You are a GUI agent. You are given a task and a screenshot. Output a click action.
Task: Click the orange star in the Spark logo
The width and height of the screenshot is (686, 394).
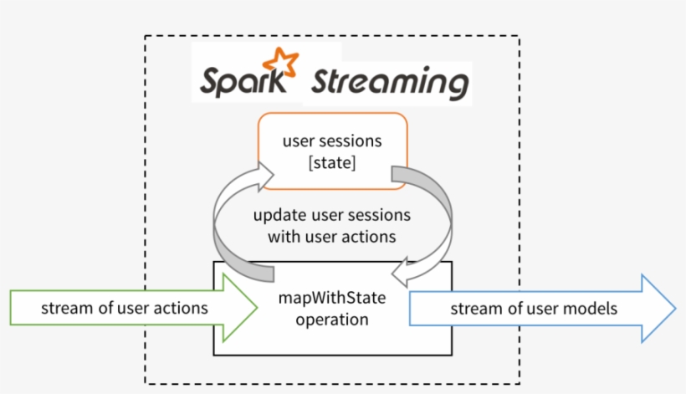pos(280,64)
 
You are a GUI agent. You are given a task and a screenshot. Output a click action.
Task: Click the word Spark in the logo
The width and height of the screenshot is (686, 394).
pos(243,81)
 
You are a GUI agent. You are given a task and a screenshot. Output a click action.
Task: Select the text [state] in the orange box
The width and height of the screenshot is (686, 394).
pos(332,162)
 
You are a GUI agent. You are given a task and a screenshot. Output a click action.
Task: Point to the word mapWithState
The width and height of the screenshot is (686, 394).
pos(332,298)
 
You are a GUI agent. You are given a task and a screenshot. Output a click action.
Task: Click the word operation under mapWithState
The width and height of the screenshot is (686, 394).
pos(332,320)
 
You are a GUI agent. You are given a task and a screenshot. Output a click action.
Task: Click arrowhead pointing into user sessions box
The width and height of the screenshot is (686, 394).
pos(265,177)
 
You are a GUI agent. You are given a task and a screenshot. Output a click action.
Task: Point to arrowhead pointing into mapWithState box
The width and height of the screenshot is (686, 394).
pos(400,274)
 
